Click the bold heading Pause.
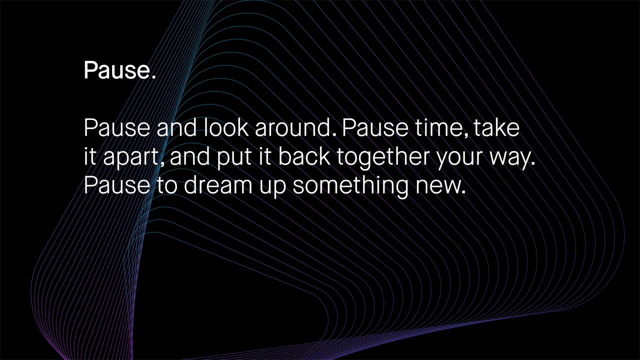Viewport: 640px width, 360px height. coord(119,70)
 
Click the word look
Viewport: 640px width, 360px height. coord(226,127)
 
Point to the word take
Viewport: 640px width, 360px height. coord(496,127)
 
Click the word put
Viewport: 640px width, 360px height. coord(234,157)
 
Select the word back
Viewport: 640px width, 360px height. coord(304,156)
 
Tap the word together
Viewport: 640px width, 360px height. coord(383,157)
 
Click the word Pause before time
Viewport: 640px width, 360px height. coord(375,127)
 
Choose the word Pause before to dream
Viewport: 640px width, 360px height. coord(117,185)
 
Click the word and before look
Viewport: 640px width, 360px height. coord(177,127)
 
